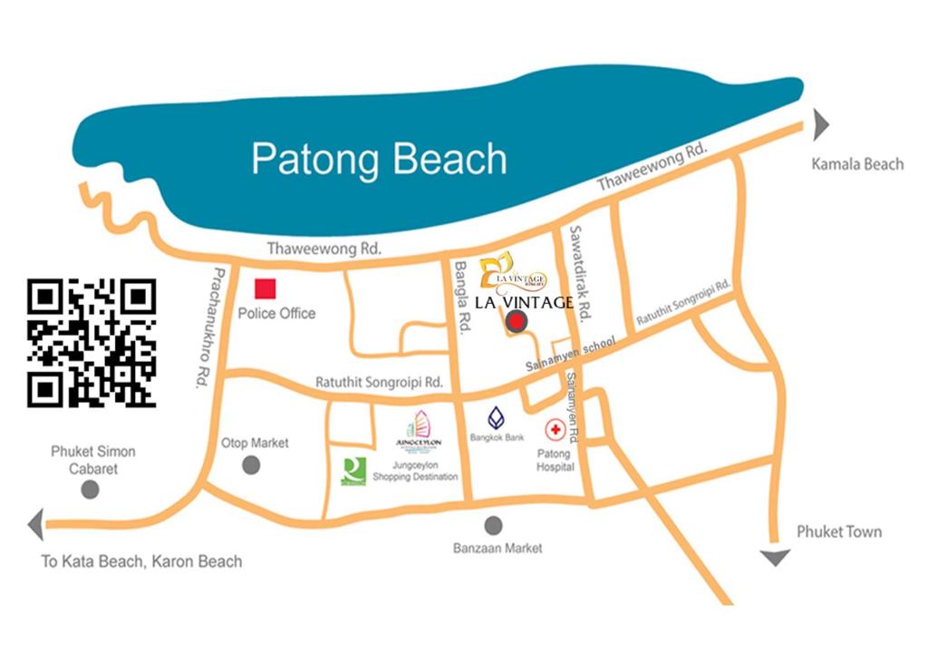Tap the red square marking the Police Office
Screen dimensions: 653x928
point(265,289)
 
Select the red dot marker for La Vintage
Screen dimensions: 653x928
point(516,320)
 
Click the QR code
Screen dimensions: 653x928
point(92,342)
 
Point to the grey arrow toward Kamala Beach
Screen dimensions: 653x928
point(820,124)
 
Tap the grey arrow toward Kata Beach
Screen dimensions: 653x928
point(36,525)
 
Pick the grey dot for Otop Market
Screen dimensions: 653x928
point(251,465)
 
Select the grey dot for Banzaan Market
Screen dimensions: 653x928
point(494,525)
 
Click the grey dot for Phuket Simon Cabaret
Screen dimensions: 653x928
point(90,490)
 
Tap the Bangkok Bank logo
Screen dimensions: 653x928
point(497,418)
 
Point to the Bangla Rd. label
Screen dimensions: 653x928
point(463,295)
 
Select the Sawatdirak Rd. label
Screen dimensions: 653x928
point(580,271)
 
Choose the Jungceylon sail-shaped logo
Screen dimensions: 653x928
point(419,426)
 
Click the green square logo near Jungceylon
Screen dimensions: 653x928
point(353,471)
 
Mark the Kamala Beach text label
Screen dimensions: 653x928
point(857,164)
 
